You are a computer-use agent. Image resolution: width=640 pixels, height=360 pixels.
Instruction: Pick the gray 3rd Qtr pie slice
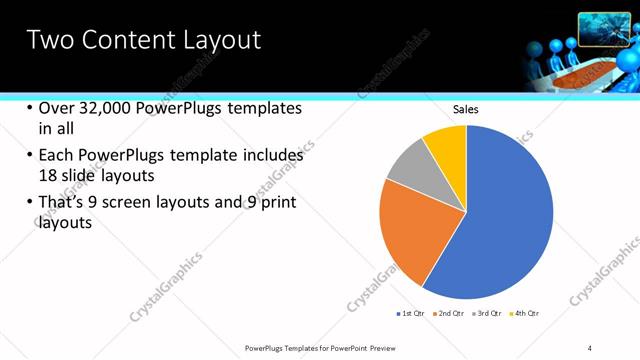click(x=408, y=165)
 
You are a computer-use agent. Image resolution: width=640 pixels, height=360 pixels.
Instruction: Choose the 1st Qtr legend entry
click(x=413, y=314)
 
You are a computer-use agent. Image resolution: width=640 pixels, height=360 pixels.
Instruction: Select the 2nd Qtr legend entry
click(x=449, y=314)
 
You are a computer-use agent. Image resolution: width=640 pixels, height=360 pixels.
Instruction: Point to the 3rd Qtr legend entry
click(x=487, y=314)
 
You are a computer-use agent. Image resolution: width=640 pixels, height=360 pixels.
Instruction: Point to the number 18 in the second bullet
click(x=48, y=175)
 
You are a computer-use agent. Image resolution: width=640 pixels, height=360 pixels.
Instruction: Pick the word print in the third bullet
click(x=276, y=203)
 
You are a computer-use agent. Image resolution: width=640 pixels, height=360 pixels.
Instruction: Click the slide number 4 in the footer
click(x=590, y=347)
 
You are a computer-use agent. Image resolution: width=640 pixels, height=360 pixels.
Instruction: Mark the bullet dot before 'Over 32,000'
click(x=29, y=109)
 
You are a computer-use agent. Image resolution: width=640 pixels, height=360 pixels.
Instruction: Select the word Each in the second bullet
click(x=57, y=156)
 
